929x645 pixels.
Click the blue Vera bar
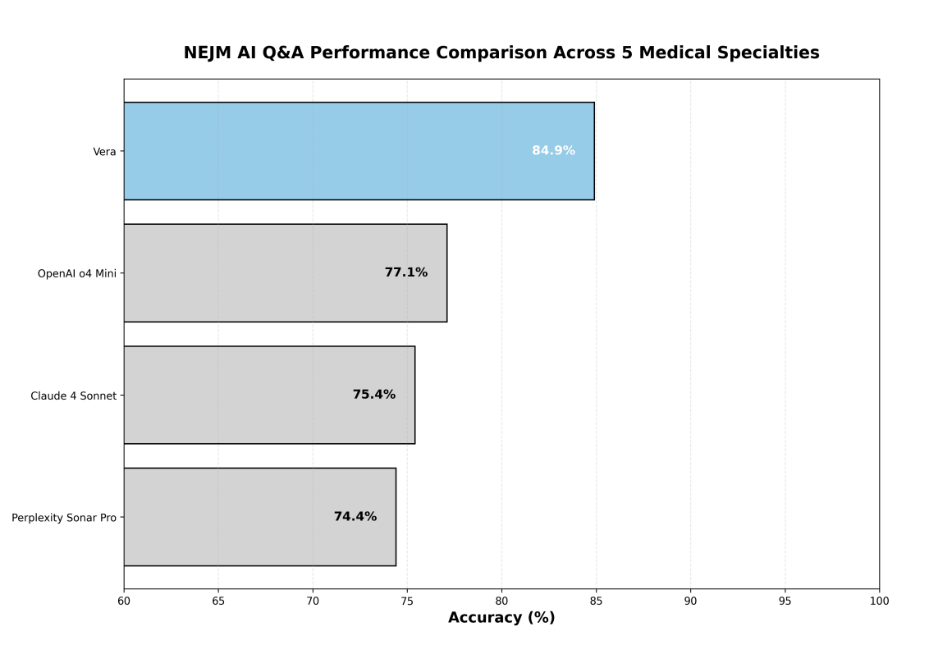359,151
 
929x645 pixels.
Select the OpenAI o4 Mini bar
285,272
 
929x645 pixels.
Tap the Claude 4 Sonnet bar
269,395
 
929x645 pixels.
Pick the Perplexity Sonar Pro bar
259,517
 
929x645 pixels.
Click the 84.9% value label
553,151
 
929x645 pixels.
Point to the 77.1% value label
405,272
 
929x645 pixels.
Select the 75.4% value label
373,395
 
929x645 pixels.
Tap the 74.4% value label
355,517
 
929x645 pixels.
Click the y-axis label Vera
104,152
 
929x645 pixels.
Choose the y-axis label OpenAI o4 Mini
76,273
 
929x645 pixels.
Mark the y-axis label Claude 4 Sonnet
73,396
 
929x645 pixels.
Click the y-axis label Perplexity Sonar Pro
63,518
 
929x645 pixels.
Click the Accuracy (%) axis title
501,618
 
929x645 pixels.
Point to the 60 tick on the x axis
124,601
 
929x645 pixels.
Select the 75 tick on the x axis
407,601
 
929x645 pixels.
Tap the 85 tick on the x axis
596,601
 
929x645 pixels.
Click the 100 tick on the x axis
879,601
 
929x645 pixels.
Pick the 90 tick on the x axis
690,601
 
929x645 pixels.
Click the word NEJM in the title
208,53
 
